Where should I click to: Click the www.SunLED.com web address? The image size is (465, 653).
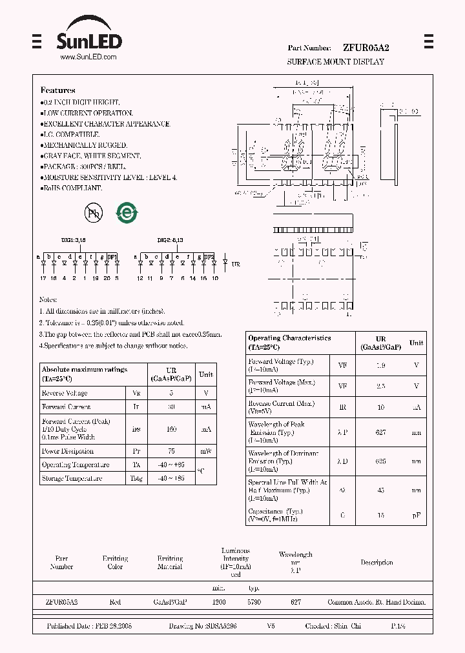coord(88,57)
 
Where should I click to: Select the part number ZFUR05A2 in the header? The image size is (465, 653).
coord(366,48)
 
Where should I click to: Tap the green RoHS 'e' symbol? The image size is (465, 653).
coord(127,214)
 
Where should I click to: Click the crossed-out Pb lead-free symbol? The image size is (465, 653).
coord(92,214)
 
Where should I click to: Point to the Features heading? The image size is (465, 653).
coord(58,90)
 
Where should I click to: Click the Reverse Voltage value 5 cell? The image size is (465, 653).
coord(170,393)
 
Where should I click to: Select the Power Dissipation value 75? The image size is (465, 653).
coord(170,451)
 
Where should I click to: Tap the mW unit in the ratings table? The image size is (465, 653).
coord(205,451)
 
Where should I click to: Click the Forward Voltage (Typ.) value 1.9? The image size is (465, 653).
coord(380,365)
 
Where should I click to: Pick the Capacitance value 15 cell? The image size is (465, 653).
coord(380,516)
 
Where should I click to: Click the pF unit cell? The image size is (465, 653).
coord(417,516)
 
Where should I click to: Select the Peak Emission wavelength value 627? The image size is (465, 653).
coord(380,432)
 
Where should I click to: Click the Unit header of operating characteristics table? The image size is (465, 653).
coord(417,343)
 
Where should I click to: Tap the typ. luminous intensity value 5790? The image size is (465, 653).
coord(254,602)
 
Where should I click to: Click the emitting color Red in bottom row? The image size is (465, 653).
coord(115,602)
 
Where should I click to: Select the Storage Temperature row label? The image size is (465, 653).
coord(71,479)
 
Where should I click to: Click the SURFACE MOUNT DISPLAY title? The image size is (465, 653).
coord(335,62)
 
